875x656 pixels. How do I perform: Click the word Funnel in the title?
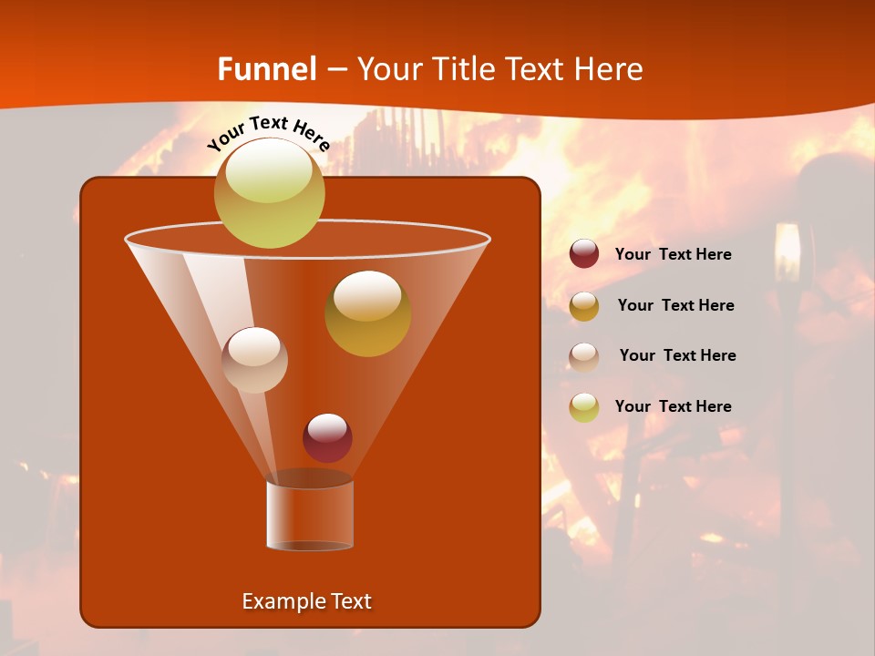267,69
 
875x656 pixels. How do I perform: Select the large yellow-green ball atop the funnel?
270,192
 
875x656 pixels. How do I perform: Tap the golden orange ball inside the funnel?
367,313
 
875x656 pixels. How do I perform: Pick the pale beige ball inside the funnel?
254,360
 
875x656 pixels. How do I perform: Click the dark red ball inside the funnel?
327,437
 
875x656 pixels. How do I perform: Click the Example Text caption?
307,601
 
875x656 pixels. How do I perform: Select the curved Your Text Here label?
268,133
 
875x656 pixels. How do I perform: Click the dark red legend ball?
584,254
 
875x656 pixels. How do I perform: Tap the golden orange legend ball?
584,306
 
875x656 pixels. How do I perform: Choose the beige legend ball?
584,356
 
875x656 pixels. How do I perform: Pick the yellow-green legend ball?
584,407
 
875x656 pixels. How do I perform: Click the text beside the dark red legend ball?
673,255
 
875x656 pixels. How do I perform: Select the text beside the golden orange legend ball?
675,305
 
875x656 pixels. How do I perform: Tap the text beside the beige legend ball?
677,355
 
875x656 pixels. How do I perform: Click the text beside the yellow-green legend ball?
673,406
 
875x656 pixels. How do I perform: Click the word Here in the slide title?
610,69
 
